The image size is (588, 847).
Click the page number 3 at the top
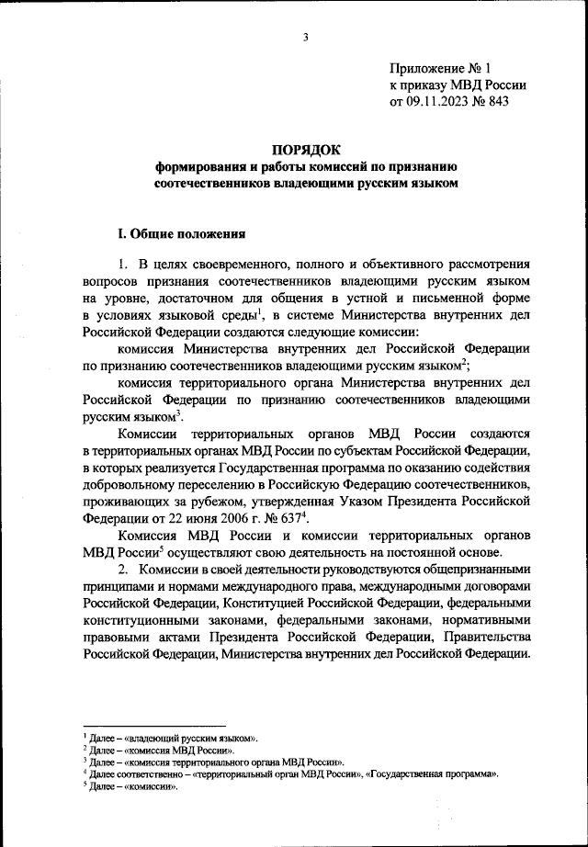[x=304, y=38]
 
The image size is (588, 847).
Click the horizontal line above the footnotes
[x=153, y=725]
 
